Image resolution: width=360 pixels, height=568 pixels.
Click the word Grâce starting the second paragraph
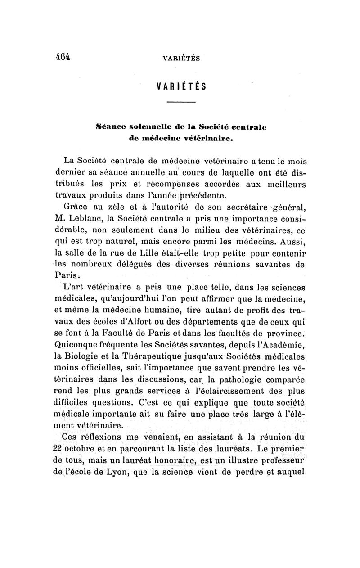tap(77, 207)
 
